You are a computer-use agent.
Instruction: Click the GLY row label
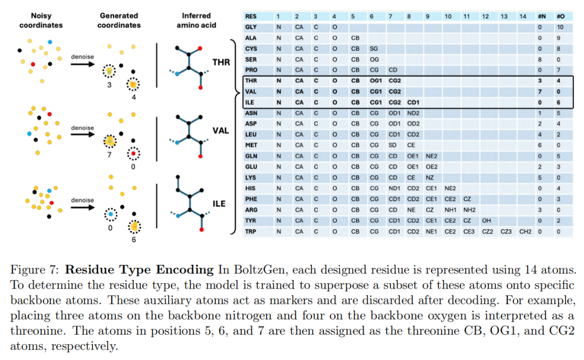coord(251,27)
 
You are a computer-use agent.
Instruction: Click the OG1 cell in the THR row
coord(375,81)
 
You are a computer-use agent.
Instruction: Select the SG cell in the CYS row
coord(374,49)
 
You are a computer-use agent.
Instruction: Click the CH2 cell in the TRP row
coord(525,231)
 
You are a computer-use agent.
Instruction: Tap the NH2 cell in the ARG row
coord(469,210)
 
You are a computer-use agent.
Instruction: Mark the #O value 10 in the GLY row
coord(560,27)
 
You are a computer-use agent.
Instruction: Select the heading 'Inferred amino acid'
coord(196,21)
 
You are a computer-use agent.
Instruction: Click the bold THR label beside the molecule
coord(221,62)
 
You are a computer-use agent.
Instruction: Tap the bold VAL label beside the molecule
coord(221,131)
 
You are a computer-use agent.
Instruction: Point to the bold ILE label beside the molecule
coord(219,204)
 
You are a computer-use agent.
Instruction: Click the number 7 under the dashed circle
coord(109,155)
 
